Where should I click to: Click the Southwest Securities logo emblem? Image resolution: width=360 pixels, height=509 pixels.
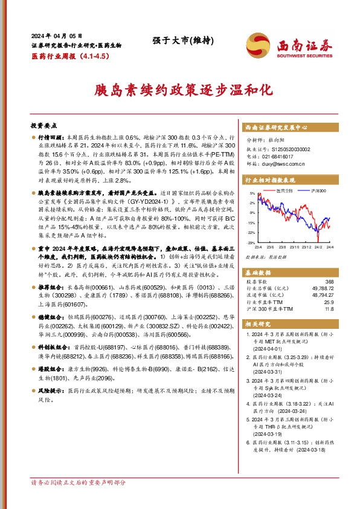pyautogui.click(x=259, y=45)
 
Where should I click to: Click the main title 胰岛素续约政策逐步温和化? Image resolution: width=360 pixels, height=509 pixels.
pyautogui.click(x=179, y=91)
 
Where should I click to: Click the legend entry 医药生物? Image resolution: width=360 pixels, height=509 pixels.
pyautogui.click(x=284, y=191)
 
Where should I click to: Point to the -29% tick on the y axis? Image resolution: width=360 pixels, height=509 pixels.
pyautogui.click(x=250, y=242)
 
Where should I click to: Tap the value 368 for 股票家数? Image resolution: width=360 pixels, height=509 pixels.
pyautogui.click(x=329, y=281)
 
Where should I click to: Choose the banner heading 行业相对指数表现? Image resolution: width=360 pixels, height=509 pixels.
pyautogui.click(x=270, y=180)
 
